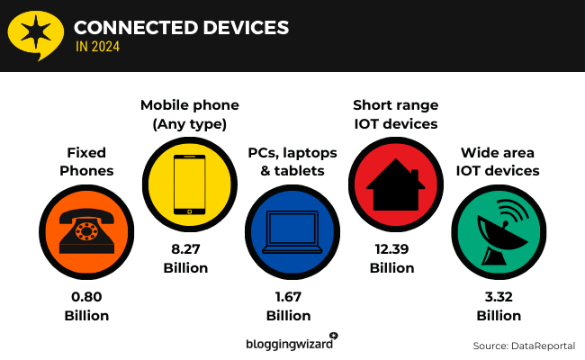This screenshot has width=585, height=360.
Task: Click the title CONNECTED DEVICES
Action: [x=181, y=27]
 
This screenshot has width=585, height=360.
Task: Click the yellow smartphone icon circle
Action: [x=187, y=184]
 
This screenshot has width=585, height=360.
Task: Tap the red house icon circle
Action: [x=392, y=184]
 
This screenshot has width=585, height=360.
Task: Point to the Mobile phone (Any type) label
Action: [x=187, y=114]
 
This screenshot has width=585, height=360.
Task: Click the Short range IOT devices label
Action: [x=395, y=114]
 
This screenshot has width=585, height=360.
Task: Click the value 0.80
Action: [x=86, y=298]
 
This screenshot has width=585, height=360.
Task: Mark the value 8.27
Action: [x=186, y=250]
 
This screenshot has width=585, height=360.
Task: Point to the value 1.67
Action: [x=289, y=298]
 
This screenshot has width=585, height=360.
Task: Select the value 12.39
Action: [x=392, y=250]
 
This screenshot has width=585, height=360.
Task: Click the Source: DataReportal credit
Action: [x=523, y=346]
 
